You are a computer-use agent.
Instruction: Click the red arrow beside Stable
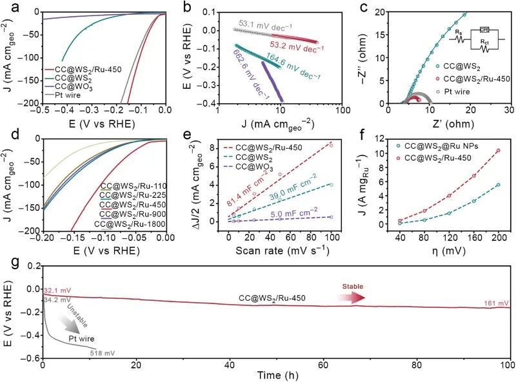(351, 296)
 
